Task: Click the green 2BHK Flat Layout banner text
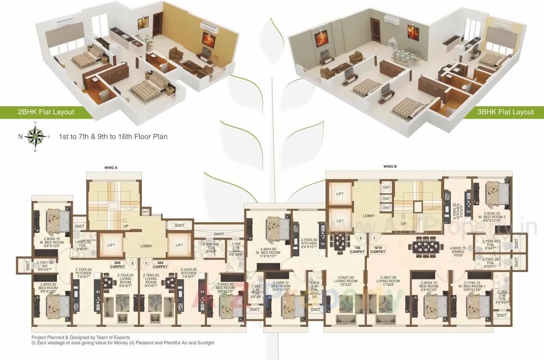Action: click(x=46, y=112)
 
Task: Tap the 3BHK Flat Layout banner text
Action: click(x=505, y=112)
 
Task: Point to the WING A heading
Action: click(x=110, y=168)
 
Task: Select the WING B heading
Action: click(x=390, y=167)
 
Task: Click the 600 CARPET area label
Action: click(x=117, y=264)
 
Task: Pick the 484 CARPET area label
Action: click(x=160, y=264)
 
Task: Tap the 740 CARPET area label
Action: click(x=357, y=249)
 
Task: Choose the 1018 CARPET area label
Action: click(x=378, y=249)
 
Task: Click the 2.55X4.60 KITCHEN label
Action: click(x=309, y=243)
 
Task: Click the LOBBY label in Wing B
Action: click(x=369, y=216)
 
